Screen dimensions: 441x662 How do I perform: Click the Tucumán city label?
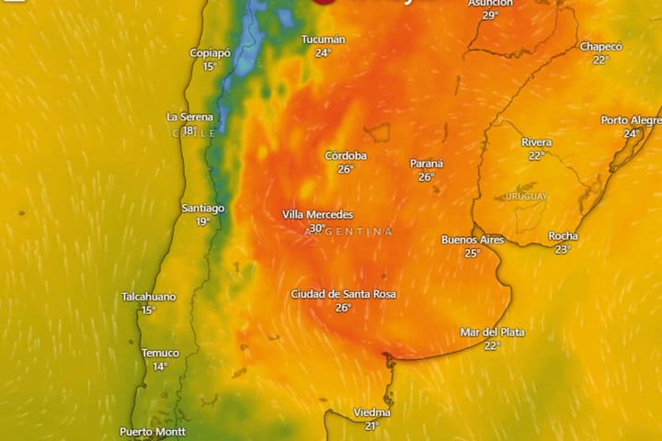tap(324, 40)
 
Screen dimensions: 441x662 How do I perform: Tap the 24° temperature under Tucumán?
tap(323, 53)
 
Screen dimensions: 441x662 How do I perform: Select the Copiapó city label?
tap(210, 53)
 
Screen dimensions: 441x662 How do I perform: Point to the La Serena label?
tap(189, 118)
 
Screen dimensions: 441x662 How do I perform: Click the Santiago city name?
tap(203, 209)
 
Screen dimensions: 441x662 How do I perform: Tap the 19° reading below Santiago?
tap(203, 221)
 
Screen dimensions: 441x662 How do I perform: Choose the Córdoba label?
tap(346, 156)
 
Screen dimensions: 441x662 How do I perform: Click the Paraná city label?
tap(427, 164)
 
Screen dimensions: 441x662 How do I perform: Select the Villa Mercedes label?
tap(317, 215)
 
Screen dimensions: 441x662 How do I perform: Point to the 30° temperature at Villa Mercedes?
tap(317, 229)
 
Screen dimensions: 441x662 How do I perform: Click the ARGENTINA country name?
tap(348, 232)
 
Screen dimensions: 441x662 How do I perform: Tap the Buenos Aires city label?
tap(473, 240)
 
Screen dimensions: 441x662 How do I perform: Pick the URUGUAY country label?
tap(525, 197)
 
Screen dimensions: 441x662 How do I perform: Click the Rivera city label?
tap(537, 142)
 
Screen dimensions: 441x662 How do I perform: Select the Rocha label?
tap(563, 236)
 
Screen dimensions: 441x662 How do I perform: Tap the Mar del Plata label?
tap(492, 332)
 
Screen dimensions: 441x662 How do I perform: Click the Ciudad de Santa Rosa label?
tap(344, 294)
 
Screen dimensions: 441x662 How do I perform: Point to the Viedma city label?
tap(372, 413)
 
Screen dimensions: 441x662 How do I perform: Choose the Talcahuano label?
tap(149, 297)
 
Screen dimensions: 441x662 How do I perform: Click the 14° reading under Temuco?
tap(160, 367)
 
